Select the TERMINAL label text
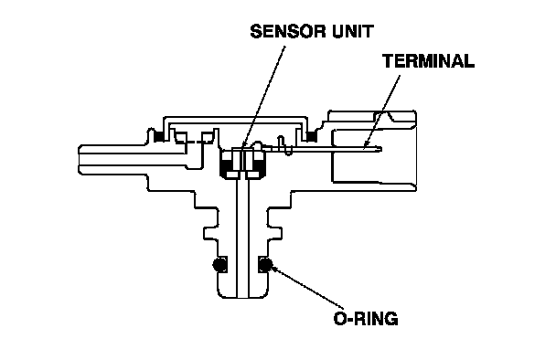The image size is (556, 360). pos(428,61)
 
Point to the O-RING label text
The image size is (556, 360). pos(366,319)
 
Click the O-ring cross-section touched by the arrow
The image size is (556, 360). pos(265,264)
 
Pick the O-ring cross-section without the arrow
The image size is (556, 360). pos(219,264)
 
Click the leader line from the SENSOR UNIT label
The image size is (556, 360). pos(263,96)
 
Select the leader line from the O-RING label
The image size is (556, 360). pos(307,287)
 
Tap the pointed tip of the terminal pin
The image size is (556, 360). pos(381,149)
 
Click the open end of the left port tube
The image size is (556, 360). pos(79,160)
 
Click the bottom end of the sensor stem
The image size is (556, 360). pos(243,296)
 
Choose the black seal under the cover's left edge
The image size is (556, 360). pos(158,136)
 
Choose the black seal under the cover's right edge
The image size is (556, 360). pos(312,136)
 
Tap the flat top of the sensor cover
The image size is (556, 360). pos(235,117)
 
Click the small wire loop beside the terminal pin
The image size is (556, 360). pos(286,145)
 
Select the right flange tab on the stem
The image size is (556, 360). pos(275,234)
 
